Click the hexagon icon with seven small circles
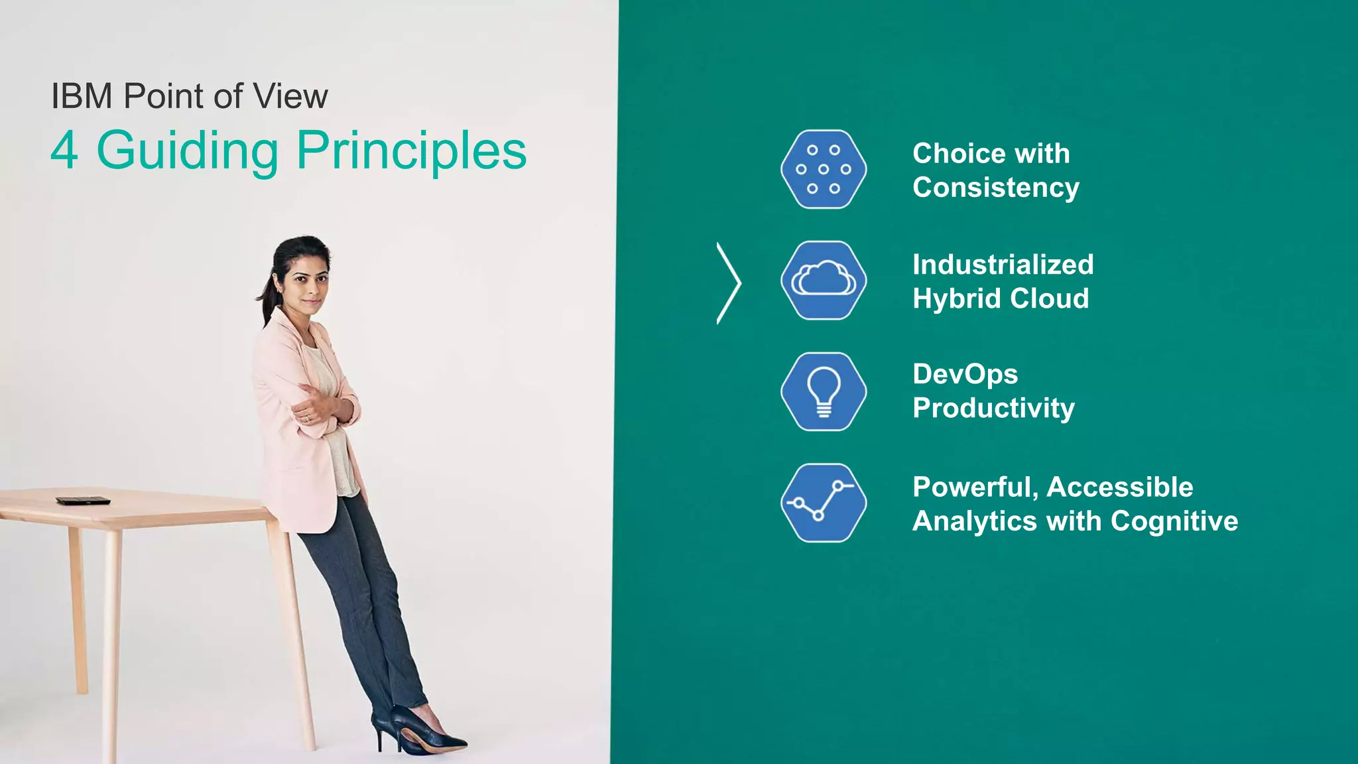[824, 169]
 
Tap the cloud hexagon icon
[824, 281]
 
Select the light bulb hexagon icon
[824, 391]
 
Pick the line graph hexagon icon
[824, 503]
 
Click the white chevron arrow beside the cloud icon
[729, 283]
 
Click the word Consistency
[995, 188]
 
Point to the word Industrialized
[1003, 265]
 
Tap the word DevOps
[965, 374]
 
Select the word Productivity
[993, 408]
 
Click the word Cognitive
[1174, 521]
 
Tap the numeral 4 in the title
[64, 151]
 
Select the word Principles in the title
[411, 151]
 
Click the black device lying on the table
[83, 501]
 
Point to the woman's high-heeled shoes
[418, 733]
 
